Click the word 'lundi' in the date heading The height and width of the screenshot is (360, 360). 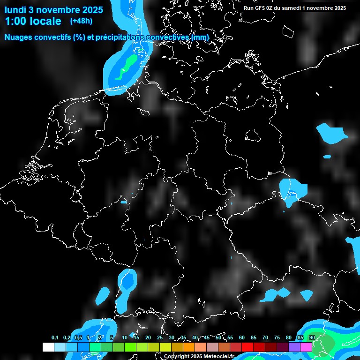(x=15, y=9)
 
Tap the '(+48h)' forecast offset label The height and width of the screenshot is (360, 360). (x=82, y=21)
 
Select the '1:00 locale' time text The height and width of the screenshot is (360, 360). (x=33, y=21)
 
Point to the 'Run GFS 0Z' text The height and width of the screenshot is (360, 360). (x=258, y=8)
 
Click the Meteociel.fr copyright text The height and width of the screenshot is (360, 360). (x=199, y=356)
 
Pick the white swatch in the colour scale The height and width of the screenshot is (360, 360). (x=48, y=347)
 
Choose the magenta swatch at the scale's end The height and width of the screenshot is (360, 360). (x=306, y=347)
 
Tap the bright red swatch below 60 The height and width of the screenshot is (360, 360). (x=247, y=347)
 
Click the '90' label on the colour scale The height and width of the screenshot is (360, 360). (x=312, y=337)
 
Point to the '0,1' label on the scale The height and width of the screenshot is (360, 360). (x=55, y=337)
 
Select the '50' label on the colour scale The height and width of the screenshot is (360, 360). (x=218, y=337)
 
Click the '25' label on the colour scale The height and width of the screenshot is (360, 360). (x=160, y=337)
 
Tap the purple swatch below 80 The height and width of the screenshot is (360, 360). (x=294, y=347)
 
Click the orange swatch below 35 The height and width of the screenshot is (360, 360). (x=189, y=347)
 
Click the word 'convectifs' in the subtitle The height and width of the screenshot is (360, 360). (x=53, y=37)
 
